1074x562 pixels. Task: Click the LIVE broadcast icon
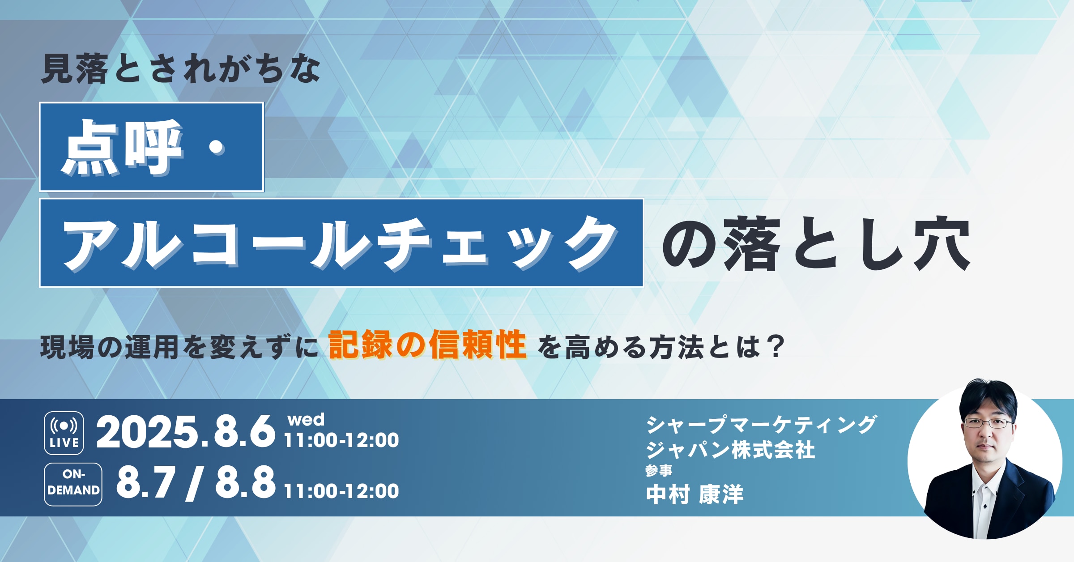point(64,433)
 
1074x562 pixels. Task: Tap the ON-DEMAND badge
point(73,484)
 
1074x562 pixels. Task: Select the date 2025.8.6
point(186,432)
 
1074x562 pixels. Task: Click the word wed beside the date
point(306,420)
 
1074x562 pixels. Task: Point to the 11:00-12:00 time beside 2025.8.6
point(341,440)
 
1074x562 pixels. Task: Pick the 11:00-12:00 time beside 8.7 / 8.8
point(341,491)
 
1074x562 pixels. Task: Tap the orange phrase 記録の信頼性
point(427,345)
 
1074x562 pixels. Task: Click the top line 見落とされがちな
point(181,69)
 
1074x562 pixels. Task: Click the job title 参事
point(659,470)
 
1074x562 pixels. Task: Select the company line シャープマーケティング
point(761,425)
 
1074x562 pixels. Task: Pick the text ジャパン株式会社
point(730,450)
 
